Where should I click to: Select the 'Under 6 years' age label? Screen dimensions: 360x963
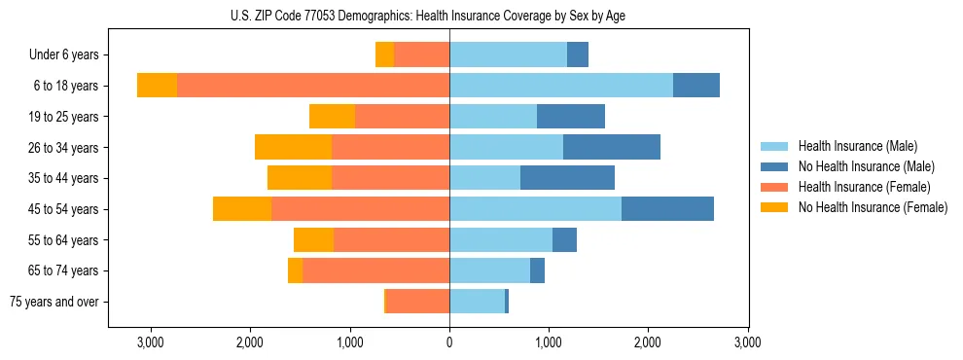(x=70, y=55)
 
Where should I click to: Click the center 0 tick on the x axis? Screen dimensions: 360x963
(x=449, y=342)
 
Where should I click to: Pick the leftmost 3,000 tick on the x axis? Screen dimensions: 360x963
(x=151, y=342)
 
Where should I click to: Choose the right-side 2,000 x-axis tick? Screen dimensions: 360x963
(x=648, y=342)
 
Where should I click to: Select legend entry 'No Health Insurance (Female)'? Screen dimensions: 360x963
(x=873, y=207)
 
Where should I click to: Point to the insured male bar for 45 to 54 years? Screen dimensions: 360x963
(x=535, y=209)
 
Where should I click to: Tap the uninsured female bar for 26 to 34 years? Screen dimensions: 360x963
(x=293, y=148)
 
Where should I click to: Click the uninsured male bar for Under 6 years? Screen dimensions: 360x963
(x=578, y=55)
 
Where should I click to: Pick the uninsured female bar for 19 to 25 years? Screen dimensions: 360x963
(x=332, y=117)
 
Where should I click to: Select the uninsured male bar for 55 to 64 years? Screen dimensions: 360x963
(x=564, y=240)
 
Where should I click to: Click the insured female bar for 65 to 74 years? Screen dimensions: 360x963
(x=375, y=270)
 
